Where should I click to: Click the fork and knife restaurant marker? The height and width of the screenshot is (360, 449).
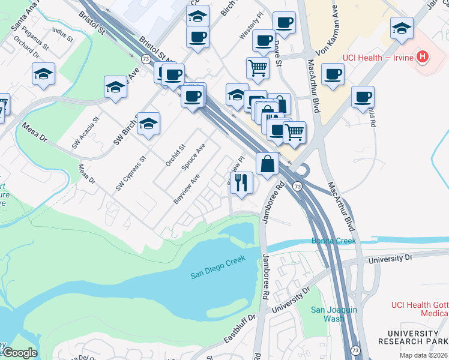(241, 182)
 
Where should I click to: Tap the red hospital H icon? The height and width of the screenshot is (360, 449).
(424, 58)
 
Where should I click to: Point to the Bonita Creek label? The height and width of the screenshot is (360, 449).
(333, 241)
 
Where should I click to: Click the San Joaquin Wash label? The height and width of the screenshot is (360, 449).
(334, 314)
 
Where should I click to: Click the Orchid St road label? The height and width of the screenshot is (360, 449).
(175, 154)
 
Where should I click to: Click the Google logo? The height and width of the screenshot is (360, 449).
(20, 353)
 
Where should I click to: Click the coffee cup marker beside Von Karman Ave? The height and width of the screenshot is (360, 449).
(332, 74)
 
